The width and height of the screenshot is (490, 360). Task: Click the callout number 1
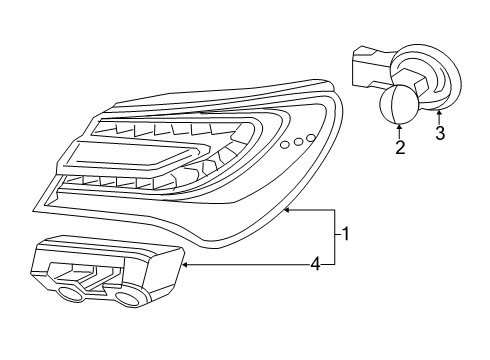pos(346,235)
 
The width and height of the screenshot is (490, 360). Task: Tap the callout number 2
pos(400,149)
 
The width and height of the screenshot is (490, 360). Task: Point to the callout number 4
pos(314,264)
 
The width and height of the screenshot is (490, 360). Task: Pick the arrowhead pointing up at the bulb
pos(400,127)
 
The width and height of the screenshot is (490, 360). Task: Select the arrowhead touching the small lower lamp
pos(185,265)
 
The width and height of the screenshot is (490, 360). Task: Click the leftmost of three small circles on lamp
pos(286,146)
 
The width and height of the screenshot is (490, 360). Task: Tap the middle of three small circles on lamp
pos(298,141)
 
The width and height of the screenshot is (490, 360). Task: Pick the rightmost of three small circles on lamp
pos(311,136)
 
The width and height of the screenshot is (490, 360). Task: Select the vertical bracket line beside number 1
pos(335,236)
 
